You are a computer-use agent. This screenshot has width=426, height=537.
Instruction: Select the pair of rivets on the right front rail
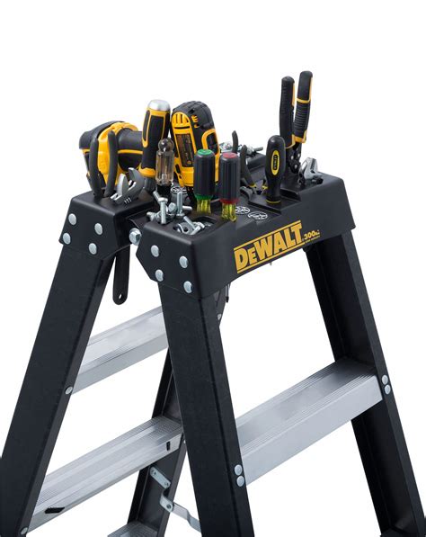(x=240, y=476)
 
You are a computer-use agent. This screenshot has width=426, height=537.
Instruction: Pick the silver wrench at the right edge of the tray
(x=308, y=167)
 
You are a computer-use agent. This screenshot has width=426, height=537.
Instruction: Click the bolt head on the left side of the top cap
(x=135, y=236)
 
